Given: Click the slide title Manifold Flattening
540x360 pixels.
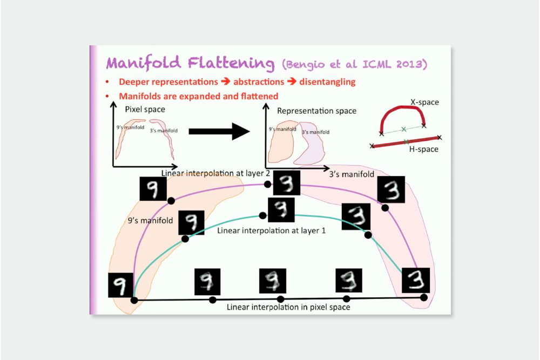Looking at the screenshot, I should [190, 63].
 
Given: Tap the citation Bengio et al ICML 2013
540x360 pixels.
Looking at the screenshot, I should [354, 65].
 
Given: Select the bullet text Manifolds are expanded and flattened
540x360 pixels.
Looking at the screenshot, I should [198, 96].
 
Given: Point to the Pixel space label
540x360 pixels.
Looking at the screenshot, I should [145, 110].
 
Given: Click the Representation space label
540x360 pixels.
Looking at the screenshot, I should [316, 111].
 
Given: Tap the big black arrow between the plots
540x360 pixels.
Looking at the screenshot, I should [218, 131].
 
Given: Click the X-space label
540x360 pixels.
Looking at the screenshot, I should [424, 102].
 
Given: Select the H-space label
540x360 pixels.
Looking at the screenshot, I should [423, 149].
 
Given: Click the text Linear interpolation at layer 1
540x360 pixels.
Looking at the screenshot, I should [271, 230].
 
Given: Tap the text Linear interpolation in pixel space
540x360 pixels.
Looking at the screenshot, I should [288, 307].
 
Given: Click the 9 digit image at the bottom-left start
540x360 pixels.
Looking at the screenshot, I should [120, 284].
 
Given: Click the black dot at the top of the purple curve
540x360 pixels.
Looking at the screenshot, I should [267, 184].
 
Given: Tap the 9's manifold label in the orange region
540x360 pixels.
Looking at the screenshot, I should [150, 220].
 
